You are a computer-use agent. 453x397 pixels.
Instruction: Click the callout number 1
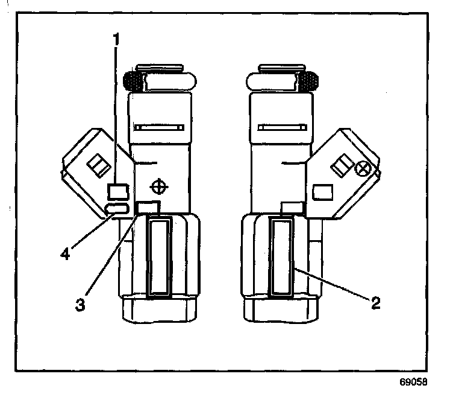pos(117,40)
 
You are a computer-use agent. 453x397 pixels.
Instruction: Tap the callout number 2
pos(375,302)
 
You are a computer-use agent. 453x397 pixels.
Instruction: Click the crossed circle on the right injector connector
pos(363,169)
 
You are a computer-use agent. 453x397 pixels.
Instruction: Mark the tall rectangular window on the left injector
pos(160,258)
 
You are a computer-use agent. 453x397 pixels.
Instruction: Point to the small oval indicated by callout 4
pos(117,208)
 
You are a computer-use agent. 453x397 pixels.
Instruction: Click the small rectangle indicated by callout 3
pos(149,208)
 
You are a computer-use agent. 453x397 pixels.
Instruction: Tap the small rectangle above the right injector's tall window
pos(292,208)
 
